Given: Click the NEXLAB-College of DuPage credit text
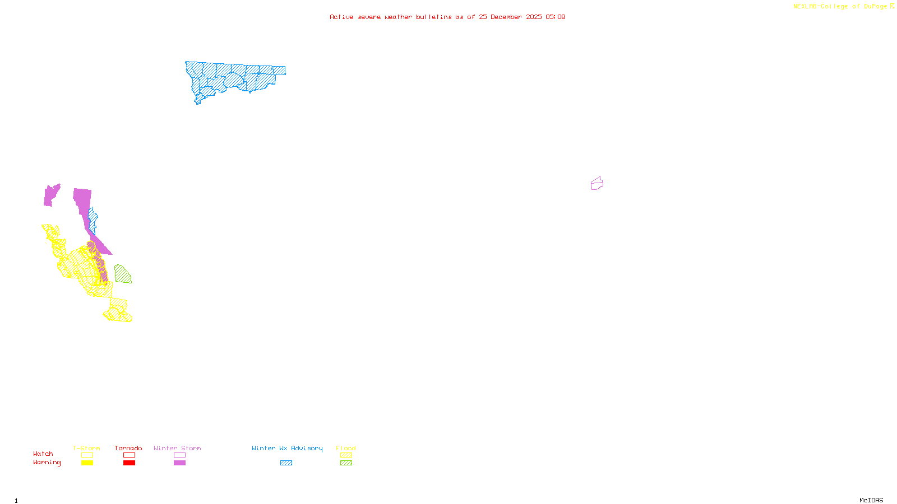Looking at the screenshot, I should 840,7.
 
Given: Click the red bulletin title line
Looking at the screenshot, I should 447,17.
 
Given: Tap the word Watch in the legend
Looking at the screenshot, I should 43,454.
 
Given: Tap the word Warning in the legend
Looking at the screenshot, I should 47,463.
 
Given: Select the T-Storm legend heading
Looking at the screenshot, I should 86,448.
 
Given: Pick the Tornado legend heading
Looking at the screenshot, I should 128,448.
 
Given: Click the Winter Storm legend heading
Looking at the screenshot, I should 177,448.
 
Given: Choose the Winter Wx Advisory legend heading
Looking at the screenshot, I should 287,448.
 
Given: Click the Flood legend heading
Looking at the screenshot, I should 346,448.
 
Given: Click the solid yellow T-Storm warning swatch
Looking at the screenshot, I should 87,463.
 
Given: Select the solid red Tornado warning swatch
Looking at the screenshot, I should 129,463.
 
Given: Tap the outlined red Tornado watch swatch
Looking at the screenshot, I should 129,455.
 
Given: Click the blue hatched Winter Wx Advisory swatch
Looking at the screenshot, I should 286,463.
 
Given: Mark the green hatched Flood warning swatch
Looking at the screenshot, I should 346,463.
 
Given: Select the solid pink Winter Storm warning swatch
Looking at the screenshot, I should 179,463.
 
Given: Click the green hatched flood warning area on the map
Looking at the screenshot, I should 122,275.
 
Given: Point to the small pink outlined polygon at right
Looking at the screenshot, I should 597,184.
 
